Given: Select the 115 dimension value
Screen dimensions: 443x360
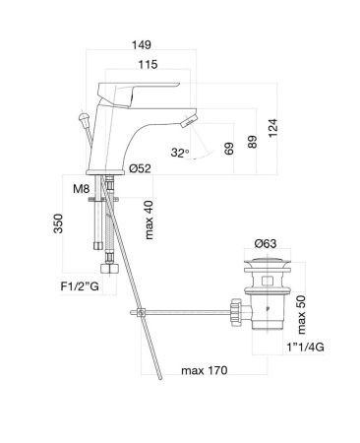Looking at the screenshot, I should pos(150,65).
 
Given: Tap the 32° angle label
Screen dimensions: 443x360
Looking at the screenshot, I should pos(177,152).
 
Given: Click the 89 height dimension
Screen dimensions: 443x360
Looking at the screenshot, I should pos(254,141).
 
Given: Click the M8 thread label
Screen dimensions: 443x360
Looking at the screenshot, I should pos(84,189).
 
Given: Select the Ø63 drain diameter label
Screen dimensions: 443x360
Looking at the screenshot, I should pos(266,243).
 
